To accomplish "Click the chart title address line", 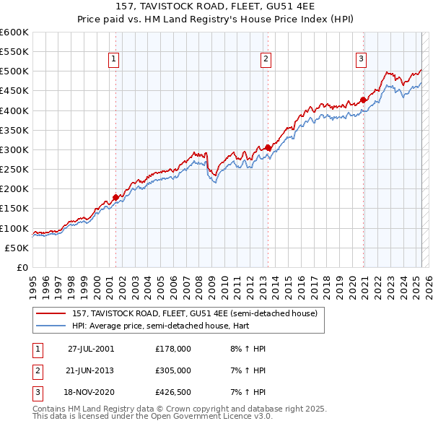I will click(x=216, y=8).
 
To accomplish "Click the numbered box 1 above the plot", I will click(x=115, y=60).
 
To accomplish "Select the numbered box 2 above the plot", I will click(x=266, y=60).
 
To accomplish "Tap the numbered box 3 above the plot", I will click(x=361, y=60).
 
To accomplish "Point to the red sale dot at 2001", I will click(x=115, y=197).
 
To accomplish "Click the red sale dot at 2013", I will click(x=268, y=147).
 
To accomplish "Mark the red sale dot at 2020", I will click(x=363, y=100).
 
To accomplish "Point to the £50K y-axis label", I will click(x=17, y=248).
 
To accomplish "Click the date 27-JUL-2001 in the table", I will click(x=91, y=348).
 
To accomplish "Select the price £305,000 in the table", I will click(x=173, y=370).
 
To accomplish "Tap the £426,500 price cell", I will click(x=173, y=393).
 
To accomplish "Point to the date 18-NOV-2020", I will click(x=91, y=393).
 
